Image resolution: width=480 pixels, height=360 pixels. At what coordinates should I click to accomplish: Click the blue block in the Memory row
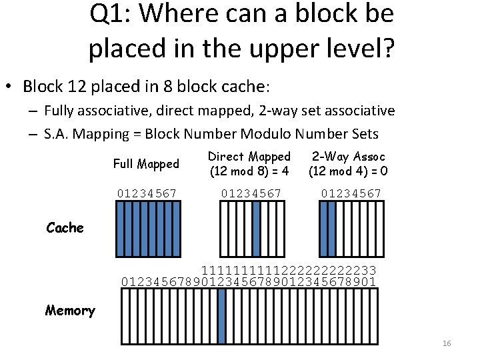221,316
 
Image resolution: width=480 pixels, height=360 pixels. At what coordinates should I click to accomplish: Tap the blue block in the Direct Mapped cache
256,229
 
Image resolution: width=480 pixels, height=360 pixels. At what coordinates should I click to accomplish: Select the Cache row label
65,228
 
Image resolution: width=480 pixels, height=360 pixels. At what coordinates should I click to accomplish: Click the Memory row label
70,311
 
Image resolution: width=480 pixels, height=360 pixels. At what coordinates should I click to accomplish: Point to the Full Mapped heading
146,164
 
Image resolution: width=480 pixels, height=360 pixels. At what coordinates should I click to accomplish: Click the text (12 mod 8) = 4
249,171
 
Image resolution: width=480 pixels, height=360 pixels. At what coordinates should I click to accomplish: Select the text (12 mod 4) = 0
348,171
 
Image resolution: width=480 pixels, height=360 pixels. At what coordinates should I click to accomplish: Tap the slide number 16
447,343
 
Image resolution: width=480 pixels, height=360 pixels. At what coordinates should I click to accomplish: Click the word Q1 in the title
110,14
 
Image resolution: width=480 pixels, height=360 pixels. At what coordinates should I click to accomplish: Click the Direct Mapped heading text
249,157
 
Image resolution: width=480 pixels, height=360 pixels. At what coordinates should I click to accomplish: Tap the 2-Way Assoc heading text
349,157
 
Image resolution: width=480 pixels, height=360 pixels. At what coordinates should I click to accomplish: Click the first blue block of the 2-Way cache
324,229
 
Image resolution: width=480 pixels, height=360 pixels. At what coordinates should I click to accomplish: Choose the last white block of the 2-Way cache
379,229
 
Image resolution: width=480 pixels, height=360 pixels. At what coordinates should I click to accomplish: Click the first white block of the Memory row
125,316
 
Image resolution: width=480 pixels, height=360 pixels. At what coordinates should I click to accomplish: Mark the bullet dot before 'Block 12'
9,86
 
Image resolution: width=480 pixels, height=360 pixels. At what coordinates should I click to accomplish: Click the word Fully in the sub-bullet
59,111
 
